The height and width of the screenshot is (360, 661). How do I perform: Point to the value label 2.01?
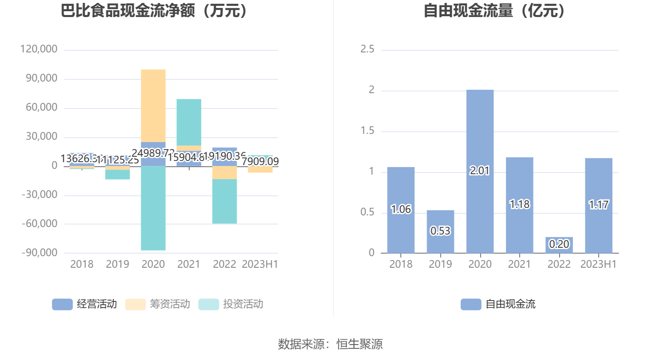(480, 170)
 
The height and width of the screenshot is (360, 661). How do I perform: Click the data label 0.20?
(559, 244)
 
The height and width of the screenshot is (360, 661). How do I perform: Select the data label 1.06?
(401, 209)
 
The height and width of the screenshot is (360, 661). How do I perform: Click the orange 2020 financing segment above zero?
(153, 106)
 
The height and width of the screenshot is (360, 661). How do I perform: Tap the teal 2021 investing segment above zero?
(189, 122)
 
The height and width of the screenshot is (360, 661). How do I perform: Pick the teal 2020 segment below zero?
(153, 208)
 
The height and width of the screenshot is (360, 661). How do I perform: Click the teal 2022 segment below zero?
(224, 201)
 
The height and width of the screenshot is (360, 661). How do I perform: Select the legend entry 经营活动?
(85, 304)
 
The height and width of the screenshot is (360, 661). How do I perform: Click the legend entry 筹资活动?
(158, 304)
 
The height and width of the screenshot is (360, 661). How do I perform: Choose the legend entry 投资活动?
(231, 304)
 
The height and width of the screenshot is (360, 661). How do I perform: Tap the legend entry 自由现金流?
(498, 304)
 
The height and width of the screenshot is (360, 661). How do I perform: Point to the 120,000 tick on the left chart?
(39, 49)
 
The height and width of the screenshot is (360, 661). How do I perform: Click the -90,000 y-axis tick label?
(39, 253)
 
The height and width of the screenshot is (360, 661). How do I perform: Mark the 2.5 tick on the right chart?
(367, 49)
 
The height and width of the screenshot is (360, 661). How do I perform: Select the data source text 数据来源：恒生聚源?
(330, 344)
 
